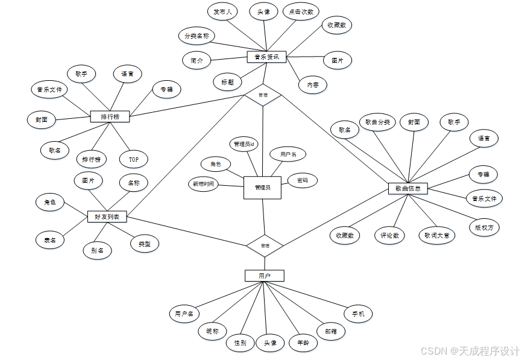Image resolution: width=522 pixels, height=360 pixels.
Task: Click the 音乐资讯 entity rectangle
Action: click(266, 57)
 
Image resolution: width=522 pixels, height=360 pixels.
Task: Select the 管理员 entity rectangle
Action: click(262, 188)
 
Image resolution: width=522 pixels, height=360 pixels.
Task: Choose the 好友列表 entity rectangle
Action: click(107, 216)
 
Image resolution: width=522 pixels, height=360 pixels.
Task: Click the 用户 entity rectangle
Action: click(264, 276)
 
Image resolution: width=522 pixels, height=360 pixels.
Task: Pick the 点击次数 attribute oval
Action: click(300, 12)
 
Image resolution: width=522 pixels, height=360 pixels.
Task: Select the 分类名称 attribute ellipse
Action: click(197, 36)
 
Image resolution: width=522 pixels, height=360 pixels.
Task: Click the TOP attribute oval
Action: click(133, 159)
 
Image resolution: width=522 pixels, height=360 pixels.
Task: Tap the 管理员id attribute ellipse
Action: click(245, 144)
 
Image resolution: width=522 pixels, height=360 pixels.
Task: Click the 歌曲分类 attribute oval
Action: click(377, 122)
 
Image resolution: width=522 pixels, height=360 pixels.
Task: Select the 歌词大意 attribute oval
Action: click(436, 235)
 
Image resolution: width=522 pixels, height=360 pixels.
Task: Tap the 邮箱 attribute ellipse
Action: click(331, 330)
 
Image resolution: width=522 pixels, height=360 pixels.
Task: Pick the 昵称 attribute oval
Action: click(212, 331)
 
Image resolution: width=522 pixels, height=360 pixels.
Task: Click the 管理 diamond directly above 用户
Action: click(265, 245)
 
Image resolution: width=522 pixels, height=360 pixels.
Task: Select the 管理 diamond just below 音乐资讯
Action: click(263, 95)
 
